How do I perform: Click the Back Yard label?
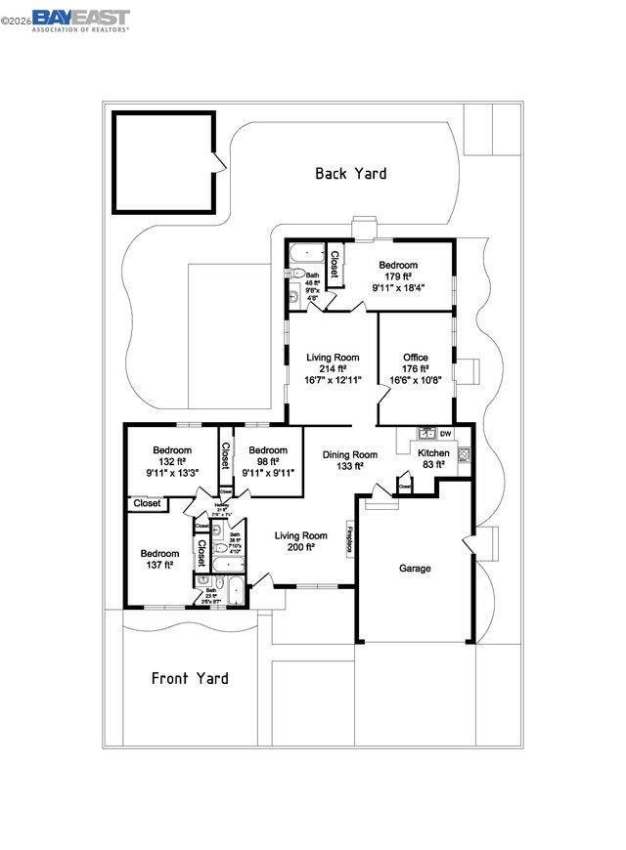click(x=350, y=174)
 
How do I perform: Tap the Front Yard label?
click(x=190, y=678)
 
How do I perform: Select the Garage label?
click(x=415, y=568)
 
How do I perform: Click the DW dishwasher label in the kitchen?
click(x=445, y=434)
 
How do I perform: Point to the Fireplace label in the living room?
click(x=348, y=540)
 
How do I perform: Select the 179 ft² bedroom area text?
click(x=398, y=277)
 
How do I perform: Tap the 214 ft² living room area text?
click(x=332, y=369)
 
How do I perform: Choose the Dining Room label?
click(x=350, y=454)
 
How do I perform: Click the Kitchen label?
click(x=433, y=453)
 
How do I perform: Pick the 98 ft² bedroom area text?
click(x=268, y=462)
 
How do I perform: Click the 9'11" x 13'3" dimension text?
click(x=172, y=474)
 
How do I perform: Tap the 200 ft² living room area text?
click(x=300, y=548)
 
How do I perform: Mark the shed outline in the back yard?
click(x=163, y=162)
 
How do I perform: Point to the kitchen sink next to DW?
click(x=426, y=432)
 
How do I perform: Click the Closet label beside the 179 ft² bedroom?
click(x=334, y=265)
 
